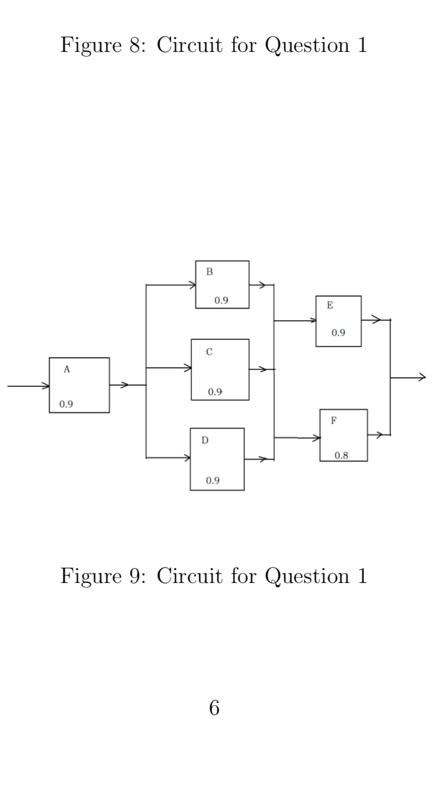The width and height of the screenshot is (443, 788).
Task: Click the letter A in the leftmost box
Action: tap(67, 369)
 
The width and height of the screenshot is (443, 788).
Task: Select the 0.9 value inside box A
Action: tap(66, 405)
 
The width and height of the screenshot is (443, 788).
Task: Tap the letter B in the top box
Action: tap(209, 272)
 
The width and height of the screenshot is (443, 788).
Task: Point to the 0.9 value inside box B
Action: tap(221, 300)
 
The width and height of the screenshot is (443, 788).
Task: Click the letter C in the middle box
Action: tap(209, 352)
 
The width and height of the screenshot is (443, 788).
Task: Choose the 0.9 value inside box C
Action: tap(215, 392)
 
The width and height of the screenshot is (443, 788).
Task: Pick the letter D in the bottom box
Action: tap(205, 440)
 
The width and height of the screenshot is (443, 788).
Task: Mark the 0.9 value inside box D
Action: tap(213, 480)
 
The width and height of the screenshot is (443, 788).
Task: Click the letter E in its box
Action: tap(330, 305)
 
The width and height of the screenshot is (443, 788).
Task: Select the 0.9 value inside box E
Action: tap(338, 333)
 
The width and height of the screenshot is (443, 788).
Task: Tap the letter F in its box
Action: tap(334, 421)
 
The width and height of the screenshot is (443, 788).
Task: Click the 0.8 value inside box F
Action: tap(341, 455)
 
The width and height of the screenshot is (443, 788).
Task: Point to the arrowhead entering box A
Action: tap(45, 386)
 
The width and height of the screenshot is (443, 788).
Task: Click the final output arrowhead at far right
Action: tap(421, 377)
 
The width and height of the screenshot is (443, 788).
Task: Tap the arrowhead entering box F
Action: tap(316, 438)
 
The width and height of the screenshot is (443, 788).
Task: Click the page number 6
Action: tap(214, 708)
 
